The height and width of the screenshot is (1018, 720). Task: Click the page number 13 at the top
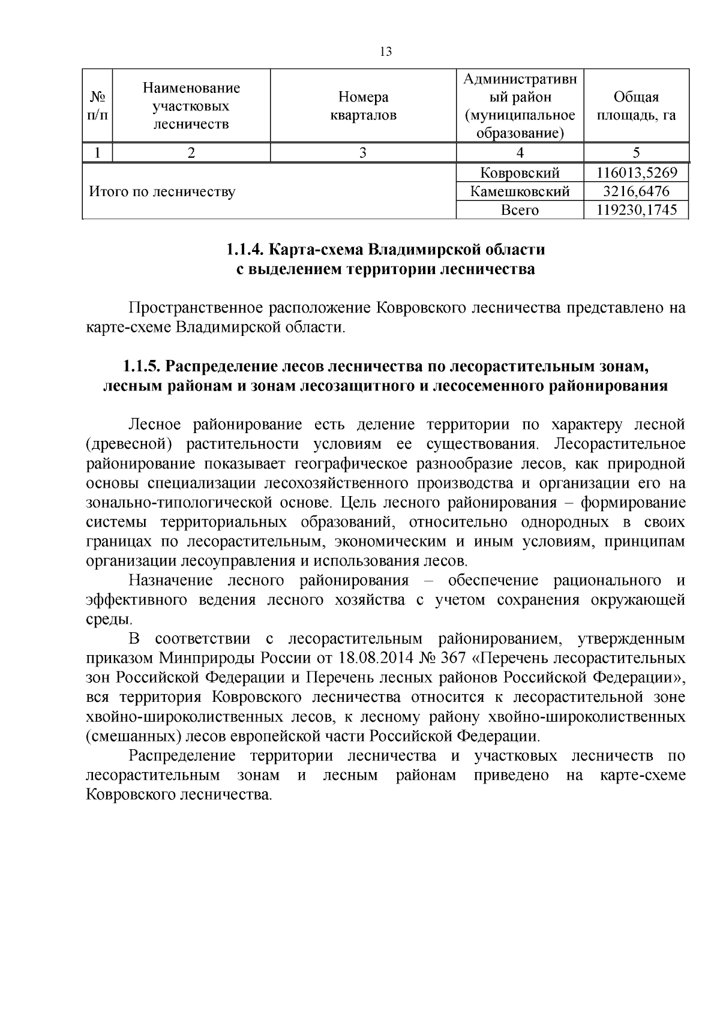coord(386,52)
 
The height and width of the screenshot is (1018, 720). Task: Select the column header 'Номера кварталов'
coord(363,106)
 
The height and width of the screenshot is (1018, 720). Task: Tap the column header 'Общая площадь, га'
coord(636,106)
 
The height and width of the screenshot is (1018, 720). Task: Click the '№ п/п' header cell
coord(97,106)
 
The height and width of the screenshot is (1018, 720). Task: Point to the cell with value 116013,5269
coord(637,173)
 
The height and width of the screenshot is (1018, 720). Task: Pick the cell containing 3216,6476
coord(637,191)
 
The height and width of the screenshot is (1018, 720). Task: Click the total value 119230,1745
coord(637,210)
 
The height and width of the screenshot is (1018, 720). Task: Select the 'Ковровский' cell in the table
coord(520,173)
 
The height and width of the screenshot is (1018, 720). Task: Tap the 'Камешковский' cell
coord(520,191)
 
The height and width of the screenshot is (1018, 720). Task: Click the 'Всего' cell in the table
coord(520,210)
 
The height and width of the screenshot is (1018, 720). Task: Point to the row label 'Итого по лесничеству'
coord(162,192)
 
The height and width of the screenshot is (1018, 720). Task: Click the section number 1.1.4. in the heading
coord(246,249)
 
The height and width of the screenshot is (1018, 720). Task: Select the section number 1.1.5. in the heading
coord(143,365)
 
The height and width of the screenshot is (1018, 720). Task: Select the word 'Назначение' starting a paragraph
coord(170,580)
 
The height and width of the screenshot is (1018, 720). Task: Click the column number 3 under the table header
coord(362,152)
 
